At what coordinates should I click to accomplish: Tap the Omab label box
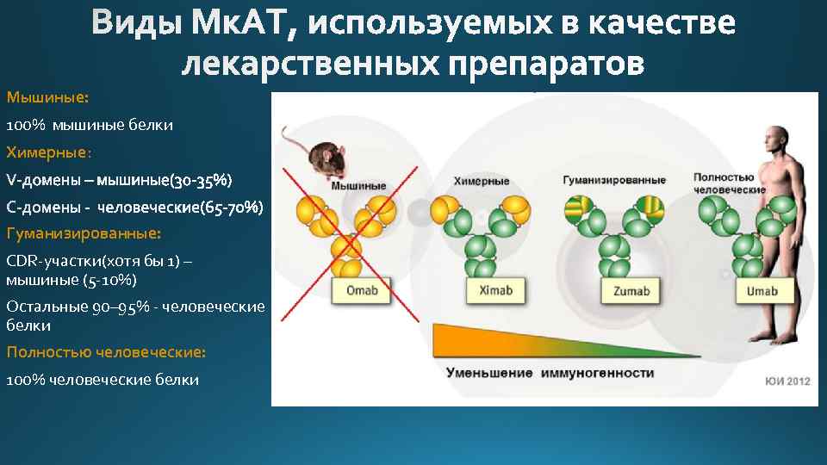pos(362,290)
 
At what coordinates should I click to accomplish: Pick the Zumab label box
pos(631,291)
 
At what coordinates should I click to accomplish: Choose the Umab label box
pos(762,291)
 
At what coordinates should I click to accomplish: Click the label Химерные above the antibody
pos(482,182)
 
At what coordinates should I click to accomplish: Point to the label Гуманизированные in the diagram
pos(613,181)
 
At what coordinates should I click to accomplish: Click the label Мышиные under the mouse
pos(358,185)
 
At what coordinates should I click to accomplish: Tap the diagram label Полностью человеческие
pos(730,183)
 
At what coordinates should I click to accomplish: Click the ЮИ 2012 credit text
pos(787,381)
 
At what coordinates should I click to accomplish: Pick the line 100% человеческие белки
pos(103,380)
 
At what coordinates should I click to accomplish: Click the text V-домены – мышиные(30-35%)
pos(119,180)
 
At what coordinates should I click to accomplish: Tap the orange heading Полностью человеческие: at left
pos(106,352)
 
